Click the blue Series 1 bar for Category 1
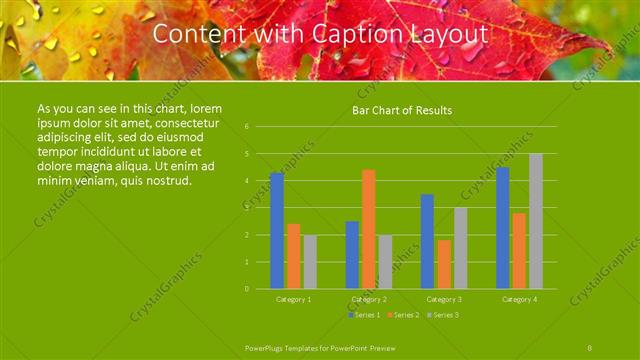[x=277, y=231]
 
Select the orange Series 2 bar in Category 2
[x=369, y=229]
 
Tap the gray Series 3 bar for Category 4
[x=536, y=221]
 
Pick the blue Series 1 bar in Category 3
[x=427, y=241]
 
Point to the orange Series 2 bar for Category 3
[x=444, y=264]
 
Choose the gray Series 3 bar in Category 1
[x=310, y=262]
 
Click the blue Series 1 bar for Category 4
[x=503, y=228]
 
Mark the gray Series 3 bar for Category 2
[x=386, y=262]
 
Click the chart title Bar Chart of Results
[x=402, y=111]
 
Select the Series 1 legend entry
[x=366, y=315]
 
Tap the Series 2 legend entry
[x=403, y=315]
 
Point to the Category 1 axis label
[x=293, y=299]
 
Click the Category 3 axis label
[x=443, y=299]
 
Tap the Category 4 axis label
[x=519, y=299]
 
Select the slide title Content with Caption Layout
[x=320, y=34]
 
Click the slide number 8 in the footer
[x=590, y=346]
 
